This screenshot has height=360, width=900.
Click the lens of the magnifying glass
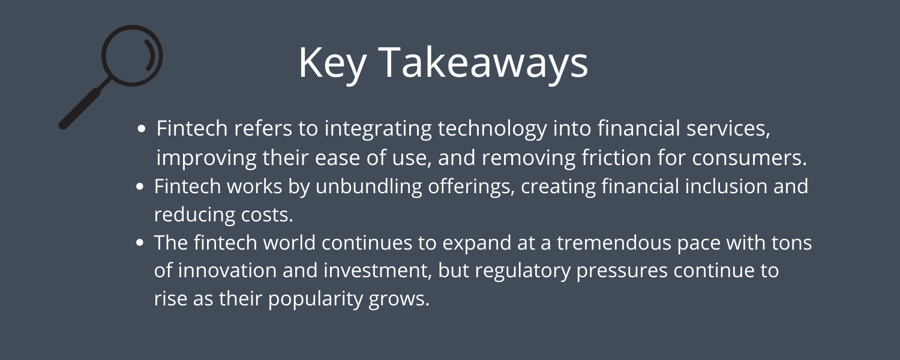(132, 56)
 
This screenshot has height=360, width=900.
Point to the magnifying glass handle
(82, 108)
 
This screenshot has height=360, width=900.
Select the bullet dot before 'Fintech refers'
(142, 128)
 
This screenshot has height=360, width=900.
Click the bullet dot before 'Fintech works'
(140, 187)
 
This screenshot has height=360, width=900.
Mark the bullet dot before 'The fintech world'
(140, 244)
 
